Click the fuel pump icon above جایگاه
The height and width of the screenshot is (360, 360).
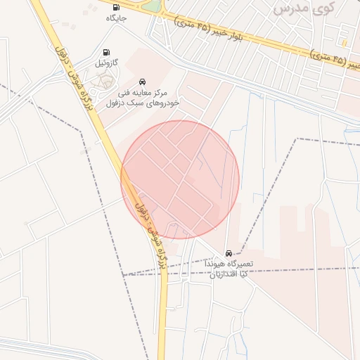click(115, 8)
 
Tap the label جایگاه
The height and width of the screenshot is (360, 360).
click(115, 18)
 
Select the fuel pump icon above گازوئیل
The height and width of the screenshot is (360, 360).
click(106, 52)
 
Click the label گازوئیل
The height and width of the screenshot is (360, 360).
click(106, 63)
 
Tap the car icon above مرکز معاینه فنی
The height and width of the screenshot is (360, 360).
click(143, 82)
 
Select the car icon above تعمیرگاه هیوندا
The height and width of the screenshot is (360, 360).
click(229, 253)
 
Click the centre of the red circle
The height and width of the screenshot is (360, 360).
click(180, 179)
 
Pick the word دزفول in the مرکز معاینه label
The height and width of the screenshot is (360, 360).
click(117, 103)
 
